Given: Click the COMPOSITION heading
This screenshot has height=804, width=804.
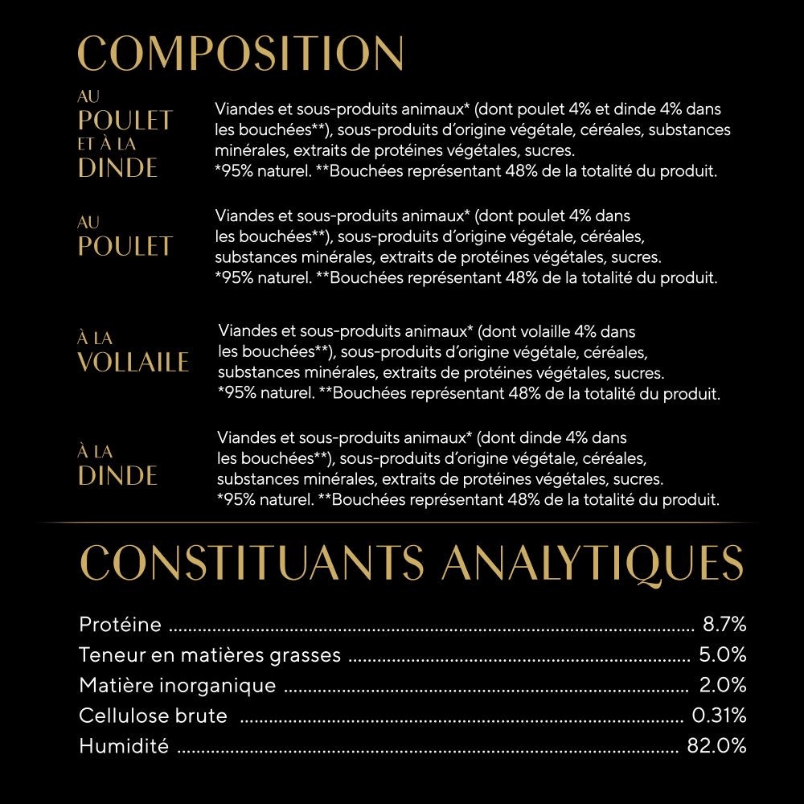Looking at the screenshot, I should (x=240, y=53).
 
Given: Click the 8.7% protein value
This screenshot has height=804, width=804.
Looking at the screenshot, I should (x=724, y=625).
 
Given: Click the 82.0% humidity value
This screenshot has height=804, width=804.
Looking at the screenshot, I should (x=716, y=746).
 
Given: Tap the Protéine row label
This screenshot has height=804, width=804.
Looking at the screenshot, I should (x=121, y=625).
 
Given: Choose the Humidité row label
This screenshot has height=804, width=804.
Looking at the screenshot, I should (x=124, y=746).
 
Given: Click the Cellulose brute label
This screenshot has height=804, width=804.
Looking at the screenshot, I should (x=153, y=716).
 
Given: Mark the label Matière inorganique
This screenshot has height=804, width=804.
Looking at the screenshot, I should (x=177, y=686).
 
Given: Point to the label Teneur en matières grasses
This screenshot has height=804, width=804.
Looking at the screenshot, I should (x=210, y=655).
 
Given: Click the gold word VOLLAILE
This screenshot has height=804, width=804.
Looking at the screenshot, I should (x=133, y=363).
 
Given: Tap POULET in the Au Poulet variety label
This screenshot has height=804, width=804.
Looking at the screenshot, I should (x=125, y=246).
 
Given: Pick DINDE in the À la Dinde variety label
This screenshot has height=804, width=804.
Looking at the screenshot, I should (x=117, y=475).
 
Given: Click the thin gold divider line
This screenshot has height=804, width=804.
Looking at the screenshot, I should (x=402, y=523).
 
